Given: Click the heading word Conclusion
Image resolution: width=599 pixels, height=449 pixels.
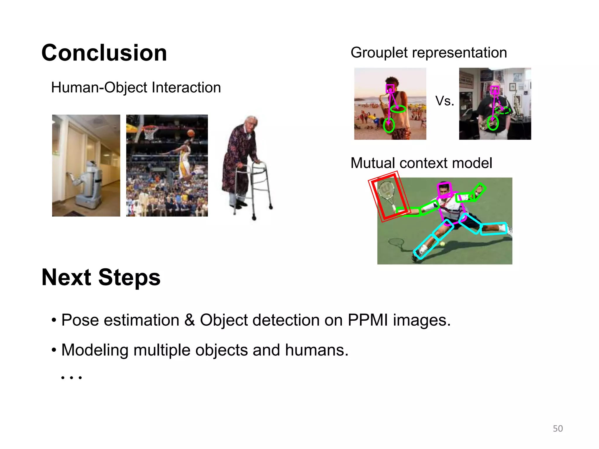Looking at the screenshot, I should (104, 53).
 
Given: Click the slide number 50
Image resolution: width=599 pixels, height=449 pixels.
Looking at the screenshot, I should (557, 429).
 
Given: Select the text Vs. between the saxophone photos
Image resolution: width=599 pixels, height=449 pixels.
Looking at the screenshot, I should (445, 101).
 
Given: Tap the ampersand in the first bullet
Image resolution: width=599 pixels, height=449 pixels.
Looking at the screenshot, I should (190, 320).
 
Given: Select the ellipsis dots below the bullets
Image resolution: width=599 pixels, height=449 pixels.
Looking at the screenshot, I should (71, 377).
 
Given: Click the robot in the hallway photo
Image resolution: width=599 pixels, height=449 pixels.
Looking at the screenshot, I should (88, 184).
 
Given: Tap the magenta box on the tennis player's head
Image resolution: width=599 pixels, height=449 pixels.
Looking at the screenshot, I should (444, 189).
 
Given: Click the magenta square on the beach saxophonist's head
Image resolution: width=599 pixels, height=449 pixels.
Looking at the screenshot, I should (390, 88).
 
